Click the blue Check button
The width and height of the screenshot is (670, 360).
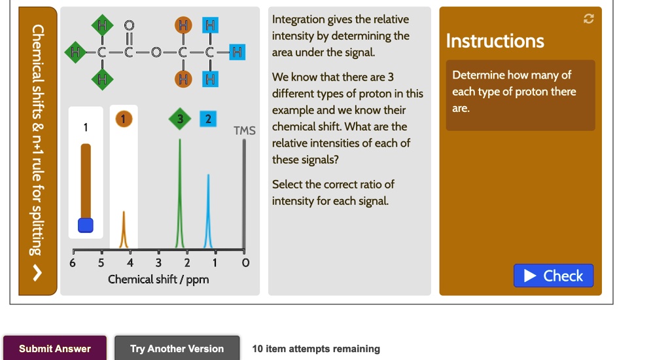(x=554, y=276)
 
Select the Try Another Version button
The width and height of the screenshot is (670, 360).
(x=177, y=349)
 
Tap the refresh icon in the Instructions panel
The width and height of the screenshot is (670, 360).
(x=588, y=20)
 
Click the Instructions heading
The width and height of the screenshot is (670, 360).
(x=495, y=41)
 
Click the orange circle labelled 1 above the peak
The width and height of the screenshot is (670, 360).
(x=123, y=119)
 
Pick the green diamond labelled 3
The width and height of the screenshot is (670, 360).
(x=181, y=119)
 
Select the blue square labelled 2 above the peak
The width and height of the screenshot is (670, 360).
(x=208, y=119)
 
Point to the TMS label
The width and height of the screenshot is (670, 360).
(x=244, y=131)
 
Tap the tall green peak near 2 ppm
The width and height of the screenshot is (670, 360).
(x=181, y=196)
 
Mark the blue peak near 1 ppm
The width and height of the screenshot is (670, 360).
(x=209, y=209)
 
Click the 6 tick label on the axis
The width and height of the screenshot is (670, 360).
(x=73, y=263)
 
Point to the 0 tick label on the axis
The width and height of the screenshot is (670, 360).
(x=245, y=263)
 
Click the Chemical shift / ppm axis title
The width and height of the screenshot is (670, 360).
(x=158, y=279)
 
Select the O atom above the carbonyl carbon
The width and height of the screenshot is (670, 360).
(x=130, y=26)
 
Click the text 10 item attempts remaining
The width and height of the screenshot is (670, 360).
(x=315, y=349)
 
